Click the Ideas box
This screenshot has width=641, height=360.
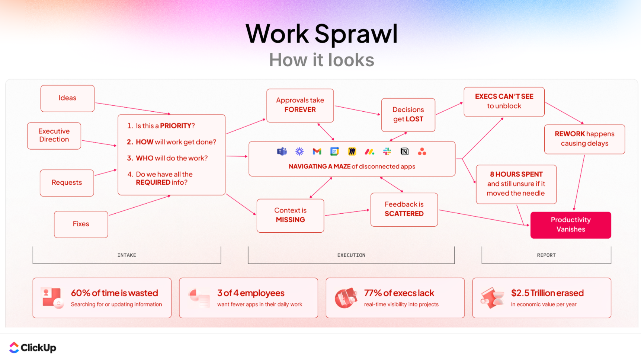[x=67, y=98]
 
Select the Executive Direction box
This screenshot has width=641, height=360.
[x=54, y=136]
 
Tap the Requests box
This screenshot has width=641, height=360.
[x=67, y=183]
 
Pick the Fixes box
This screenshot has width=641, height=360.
[x=81, y=224]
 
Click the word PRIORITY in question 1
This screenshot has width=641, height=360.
[x=176, y=126]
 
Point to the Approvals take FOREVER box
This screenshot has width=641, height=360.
[x=300, y=105]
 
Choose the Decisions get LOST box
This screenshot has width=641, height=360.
[x=408, y=115]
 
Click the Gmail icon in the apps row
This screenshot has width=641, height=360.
[x=317, y=152]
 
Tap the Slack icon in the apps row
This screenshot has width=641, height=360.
[x=387, y=152]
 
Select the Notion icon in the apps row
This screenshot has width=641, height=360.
[x=404, y=152]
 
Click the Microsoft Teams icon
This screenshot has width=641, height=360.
[x=282, y=152]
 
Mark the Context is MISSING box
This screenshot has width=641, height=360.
[x=290, y=216]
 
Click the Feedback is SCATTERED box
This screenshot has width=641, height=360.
[x=404, y=209]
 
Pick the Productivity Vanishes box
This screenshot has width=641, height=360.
[x=571, y=225]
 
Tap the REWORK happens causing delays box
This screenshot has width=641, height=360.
[x=584, y=139]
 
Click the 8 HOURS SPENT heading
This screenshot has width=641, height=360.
[x=516, y=174]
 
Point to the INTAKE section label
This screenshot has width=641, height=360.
[x=127, y=255]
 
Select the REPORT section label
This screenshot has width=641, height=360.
[x=546, y=255]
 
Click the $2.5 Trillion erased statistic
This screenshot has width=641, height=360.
[x=547, y=293]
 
